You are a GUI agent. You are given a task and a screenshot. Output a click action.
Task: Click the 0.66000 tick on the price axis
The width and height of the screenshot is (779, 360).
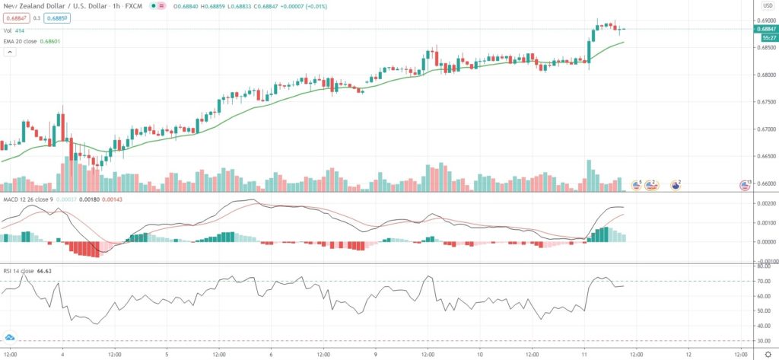click(x=765, y=183)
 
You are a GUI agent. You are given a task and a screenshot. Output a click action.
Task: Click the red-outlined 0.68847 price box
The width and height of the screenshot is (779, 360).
click(x=17, y=18)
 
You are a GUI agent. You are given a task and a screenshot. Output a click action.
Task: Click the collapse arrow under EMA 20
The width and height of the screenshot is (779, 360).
click(x=10, y=52)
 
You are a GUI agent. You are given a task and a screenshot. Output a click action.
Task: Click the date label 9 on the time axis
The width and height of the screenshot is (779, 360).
click(x=375, y=354)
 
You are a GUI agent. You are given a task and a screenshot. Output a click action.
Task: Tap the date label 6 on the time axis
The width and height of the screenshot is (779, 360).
click(x=271, y=354)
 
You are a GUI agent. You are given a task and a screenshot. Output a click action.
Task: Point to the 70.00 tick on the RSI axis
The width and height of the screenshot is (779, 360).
click(x=764, y=282)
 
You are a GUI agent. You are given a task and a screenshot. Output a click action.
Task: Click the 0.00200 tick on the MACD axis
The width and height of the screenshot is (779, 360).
click(x=765, y=205)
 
